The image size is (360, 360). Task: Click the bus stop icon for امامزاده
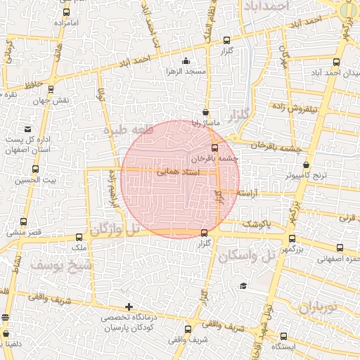[66, 13]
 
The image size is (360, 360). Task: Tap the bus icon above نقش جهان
[51, 89]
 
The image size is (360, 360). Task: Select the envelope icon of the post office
[27, 129]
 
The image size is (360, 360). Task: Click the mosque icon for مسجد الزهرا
[186, 61]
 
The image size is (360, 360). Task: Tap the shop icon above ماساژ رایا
[205, 112]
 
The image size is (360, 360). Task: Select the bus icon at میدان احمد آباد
[337, 61]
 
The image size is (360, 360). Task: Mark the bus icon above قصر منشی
[25, 222]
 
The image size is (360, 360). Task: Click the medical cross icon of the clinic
[128, 307]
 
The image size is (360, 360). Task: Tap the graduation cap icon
[243, 285]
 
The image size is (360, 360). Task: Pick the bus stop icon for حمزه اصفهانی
[340, 247]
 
